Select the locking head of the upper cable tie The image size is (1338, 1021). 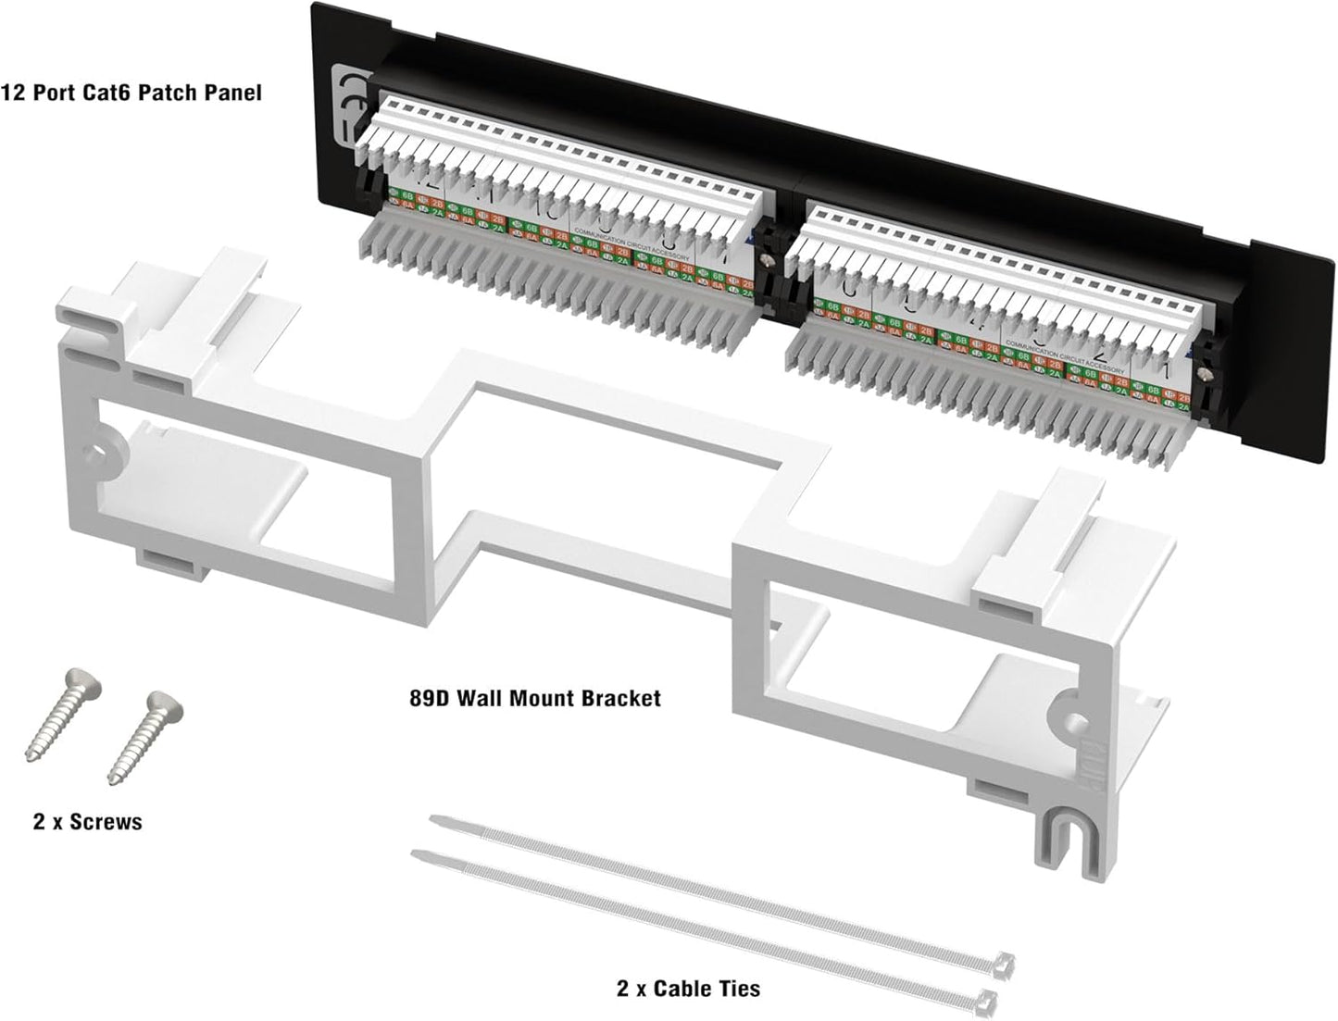(x=1005, y=962)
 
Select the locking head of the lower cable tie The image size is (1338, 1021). (x=988, y=1001)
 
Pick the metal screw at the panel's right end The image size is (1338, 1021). (x=1205, y=372)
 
